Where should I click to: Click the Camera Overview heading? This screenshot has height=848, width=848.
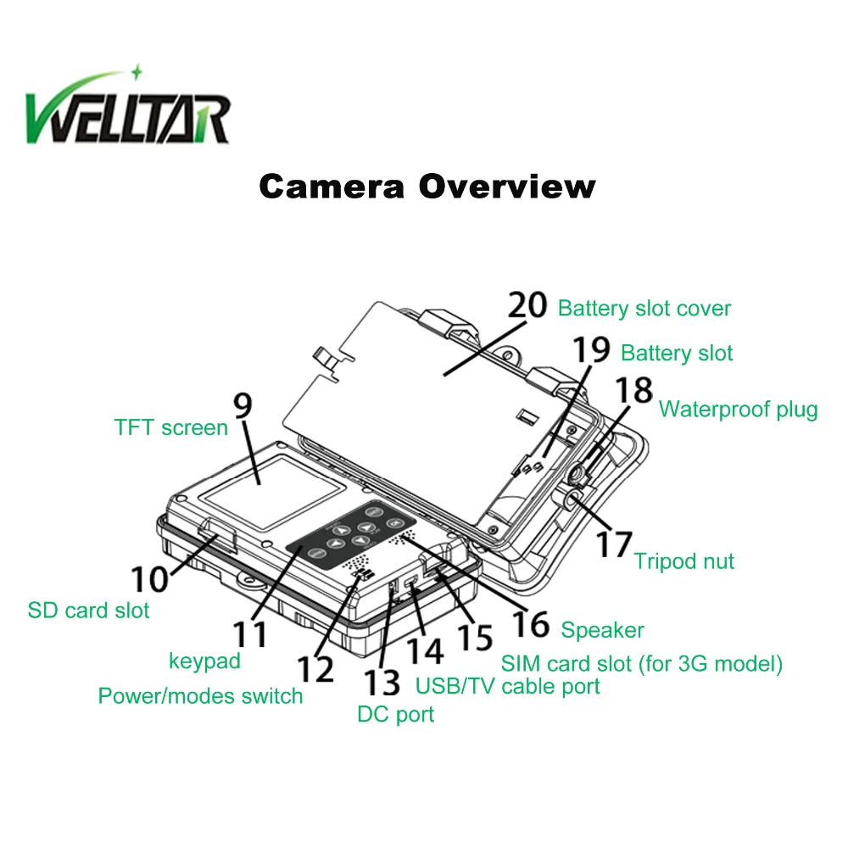[427, 187]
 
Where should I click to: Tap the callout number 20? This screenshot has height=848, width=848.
[527, 305]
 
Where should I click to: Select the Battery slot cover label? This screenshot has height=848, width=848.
[644, 309]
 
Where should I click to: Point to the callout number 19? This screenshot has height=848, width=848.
[591, 349]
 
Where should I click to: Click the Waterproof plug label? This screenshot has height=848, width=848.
[739, 410]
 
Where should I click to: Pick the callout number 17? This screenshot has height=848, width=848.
[614, 544]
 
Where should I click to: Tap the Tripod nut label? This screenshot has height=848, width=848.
[684, 561]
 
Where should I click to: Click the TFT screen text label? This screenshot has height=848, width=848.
[171, 427]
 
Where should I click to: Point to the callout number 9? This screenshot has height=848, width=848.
[243, 405]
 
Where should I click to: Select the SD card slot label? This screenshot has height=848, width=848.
[88, 611]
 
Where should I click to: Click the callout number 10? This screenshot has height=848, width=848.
[150, 579]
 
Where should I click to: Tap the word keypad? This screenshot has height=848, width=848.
[204, 661]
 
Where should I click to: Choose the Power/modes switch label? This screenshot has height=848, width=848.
[200, 696]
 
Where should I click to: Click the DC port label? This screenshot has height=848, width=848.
[395, 714]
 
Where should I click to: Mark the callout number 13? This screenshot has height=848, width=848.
[382, 683]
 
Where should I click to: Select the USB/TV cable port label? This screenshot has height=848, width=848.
[507, 686]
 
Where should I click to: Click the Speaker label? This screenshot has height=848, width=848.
[602, 630]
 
